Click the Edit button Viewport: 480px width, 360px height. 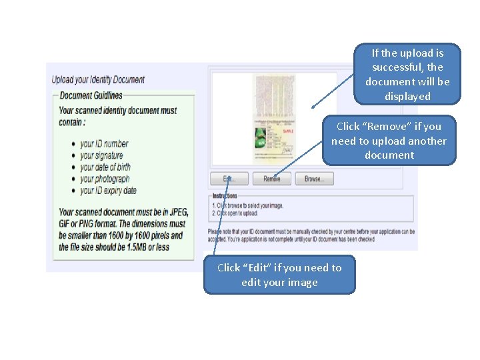(x=229, y=179)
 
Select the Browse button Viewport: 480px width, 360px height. (x=314, y=179)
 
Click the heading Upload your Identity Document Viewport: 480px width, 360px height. (x=98, y=80)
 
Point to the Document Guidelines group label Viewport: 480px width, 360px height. (x=91, y=95)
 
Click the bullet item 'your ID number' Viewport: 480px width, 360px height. (x=104, y=143)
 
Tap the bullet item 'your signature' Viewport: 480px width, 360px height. (x=101, y=155)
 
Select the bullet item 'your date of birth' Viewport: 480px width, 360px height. (x=105, y=167)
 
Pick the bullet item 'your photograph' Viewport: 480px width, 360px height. (x=105, y=179)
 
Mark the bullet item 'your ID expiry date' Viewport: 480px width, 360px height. (x=108, y=191)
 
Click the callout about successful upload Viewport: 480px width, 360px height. (x=407, y=74)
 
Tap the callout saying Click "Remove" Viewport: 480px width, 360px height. (x=389, y=141)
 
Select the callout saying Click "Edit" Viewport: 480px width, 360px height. (x=279, y=275)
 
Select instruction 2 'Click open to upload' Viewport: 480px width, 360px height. (x=235, y=213)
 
